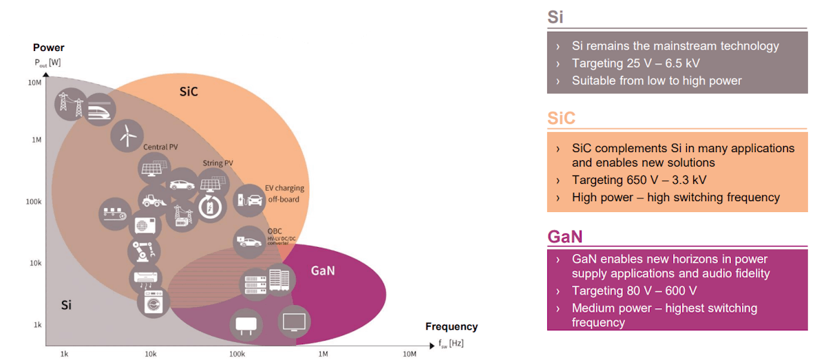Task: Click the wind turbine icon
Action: point(126,136)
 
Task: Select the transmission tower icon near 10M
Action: point(72,105)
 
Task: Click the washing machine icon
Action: point(153,301)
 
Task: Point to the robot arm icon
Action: point(145,252)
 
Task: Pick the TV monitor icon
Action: point(295,321)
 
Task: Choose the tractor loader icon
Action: point(154,200)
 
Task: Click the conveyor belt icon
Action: point(114,211)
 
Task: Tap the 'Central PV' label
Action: point(160,147)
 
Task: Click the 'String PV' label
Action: point(218,163)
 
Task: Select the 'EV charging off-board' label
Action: point(285,193)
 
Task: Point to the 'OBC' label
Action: point(274,231)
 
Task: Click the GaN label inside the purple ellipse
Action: point(323,271)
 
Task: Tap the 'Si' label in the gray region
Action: point(66,305)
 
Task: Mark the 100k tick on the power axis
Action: point(34,202)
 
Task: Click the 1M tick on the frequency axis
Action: point(322,353)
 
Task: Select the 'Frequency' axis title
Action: point(451,327)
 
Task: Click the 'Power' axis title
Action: point(48,47)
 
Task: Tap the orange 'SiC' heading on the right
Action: point(561,118)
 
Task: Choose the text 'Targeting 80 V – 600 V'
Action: point(634,290)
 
